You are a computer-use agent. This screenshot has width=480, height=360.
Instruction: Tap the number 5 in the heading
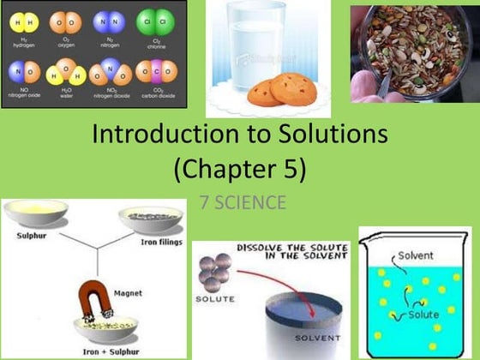click(285, 168)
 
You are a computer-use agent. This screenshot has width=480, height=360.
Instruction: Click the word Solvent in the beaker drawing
click(415, 256)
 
